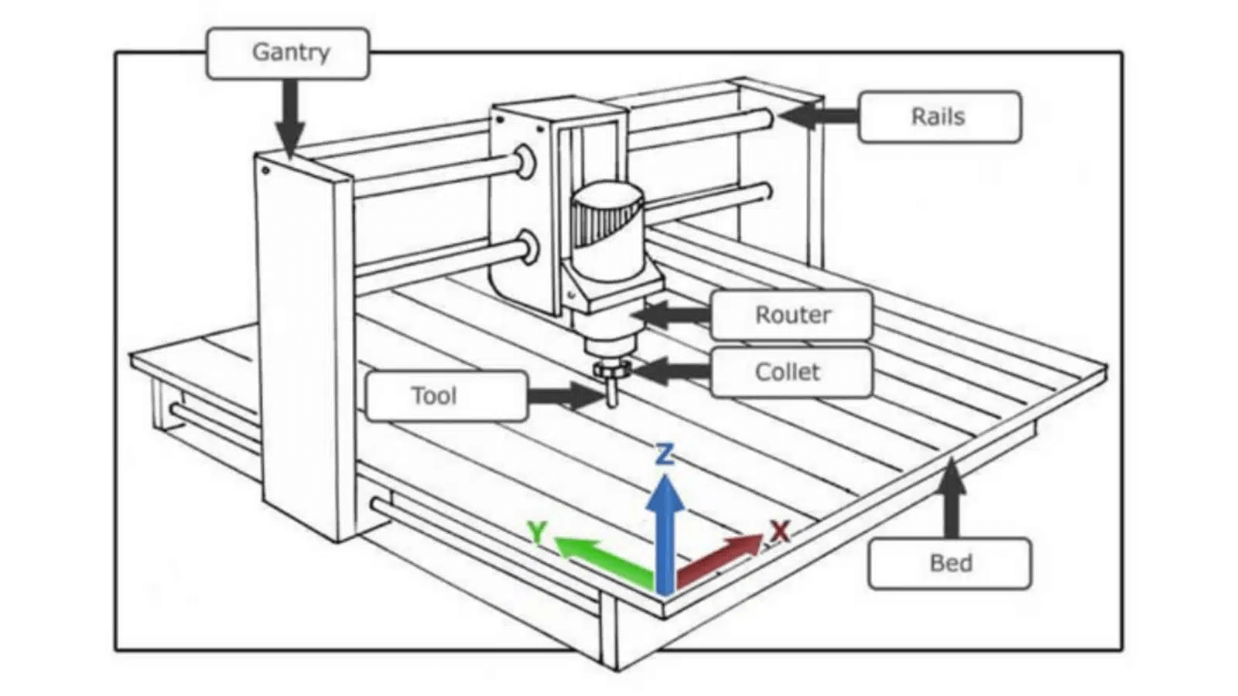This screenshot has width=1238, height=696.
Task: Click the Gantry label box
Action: tap(288, 53)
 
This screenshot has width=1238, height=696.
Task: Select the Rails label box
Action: tap(939, 117)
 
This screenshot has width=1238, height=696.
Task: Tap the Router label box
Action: tap(792, 315)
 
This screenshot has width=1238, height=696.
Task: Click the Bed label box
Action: tap(949, 563)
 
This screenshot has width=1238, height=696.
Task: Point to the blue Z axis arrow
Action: tap(665, 534)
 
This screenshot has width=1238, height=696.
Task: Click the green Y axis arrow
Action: tap(604, 558)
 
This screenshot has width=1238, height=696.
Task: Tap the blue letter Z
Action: tap(664, 454)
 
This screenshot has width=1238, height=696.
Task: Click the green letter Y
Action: tap(536, 532)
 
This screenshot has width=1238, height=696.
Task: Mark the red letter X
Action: tap(780, 531)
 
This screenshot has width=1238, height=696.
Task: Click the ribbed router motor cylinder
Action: tap(607, 224)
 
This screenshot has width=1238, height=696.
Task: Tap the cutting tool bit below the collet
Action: tap(612, 395)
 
